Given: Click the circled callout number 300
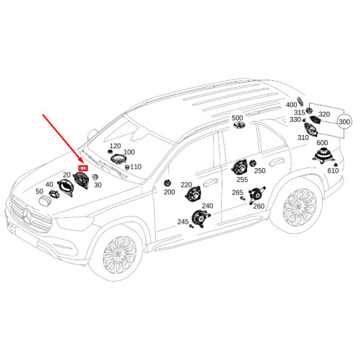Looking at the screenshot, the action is [x=344, y=122].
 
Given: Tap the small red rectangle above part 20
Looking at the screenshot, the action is [x=84, y=168].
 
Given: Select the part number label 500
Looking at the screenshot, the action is [x=238, y=118].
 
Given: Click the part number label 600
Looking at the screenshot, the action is [x=322, y=143].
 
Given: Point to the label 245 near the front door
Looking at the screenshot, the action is [x=183, y=222].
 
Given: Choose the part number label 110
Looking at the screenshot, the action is [x=136, y=167].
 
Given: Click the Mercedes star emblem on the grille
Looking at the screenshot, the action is [x=27, y=215].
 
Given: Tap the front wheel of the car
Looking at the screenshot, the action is [x=119, y=255].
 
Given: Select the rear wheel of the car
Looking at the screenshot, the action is [x=300, y=207].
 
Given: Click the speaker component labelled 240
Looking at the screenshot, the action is [x=201, y=217].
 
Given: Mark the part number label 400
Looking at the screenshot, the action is [x=291, y=105].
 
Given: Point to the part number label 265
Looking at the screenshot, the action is [x=238, y=193].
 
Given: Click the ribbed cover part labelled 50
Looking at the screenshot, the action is [x=45, y=200].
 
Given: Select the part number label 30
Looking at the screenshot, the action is [x=97, y=185].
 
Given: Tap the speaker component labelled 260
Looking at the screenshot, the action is [x=256, y=194].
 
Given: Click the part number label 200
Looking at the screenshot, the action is [x=169, y=192].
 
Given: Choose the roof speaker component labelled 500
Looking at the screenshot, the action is [x=239, y=126].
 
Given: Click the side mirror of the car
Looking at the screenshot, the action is [x=93, y=134].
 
